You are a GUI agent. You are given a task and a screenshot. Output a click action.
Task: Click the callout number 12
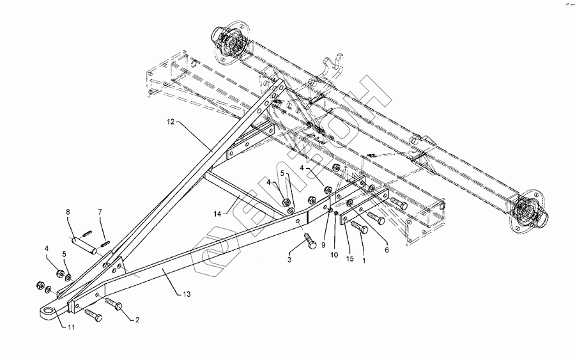click(x=171, y=120)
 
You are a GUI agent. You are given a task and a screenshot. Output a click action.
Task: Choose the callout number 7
click(x=100, y=212)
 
